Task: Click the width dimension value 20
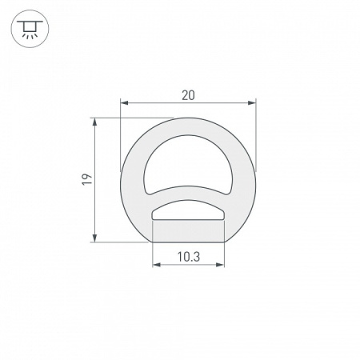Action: coord(188,94)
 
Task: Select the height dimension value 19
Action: coord(87,179)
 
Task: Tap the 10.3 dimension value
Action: coord(188,257)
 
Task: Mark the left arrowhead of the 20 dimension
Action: coord(124,102)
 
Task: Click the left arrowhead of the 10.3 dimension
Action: coord(156,266)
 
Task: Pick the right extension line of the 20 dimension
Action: coord(256,136)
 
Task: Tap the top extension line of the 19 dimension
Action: coord(136,118)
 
